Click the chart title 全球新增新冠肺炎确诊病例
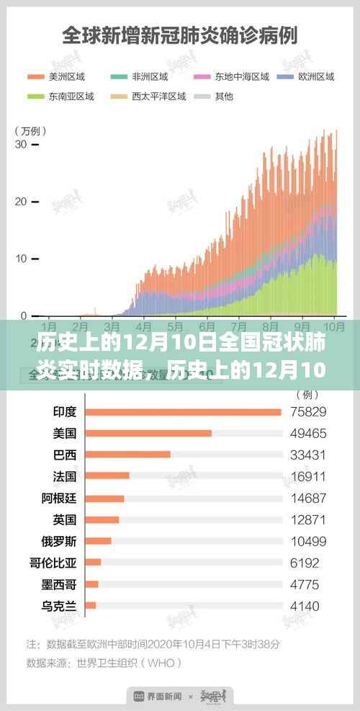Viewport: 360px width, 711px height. click(x=180, y=34)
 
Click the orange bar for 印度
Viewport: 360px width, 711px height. click(x=183, y=412)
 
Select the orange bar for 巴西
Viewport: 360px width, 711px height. click(x=128, y=455)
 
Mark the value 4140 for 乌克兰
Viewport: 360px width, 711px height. click(x=305, y=606)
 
